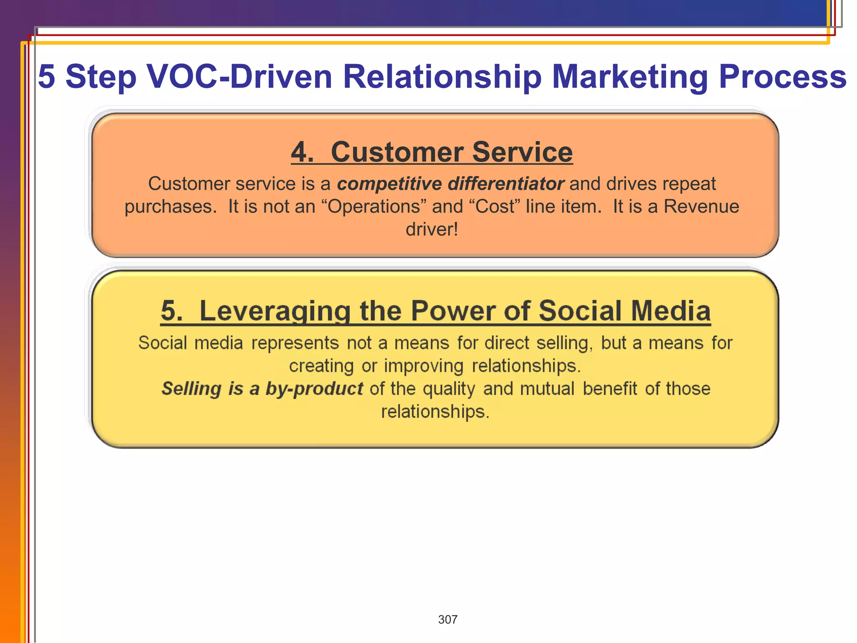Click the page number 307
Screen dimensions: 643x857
click(x=447, y=620)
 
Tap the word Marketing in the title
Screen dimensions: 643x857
click(x=629, y=77)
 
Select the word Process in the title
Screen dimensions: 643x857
click(x=783, y=77)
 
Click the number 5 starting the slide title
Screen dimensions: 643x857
click(x=46, y=77)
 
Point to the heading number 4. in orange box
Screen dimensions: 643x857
click(x=302, y=152)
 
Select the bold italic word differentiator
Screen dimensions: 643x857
click(x=505, y=184)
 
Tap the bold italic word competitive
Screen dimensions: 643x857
click(x=389, y=184)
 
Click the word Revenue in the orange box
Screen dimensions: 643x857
click(x=701, y=207)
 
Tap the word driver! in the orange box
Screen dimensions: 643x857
click(x=432, y=229)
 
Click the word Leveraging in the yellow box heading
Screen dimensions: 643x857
click(x=275, y=311)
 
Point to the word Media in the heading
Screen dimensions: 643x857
click(x=670, y=311)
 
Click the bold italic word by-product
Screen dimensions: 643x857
click(x=314, y=389)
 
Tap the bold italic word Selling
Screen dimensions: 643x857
click(x=191, y=389)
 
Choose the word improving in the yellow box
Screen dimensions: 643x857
click(x=423, y=366)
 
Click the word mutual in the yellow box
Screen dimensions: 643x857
click(x=547, y=389)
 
